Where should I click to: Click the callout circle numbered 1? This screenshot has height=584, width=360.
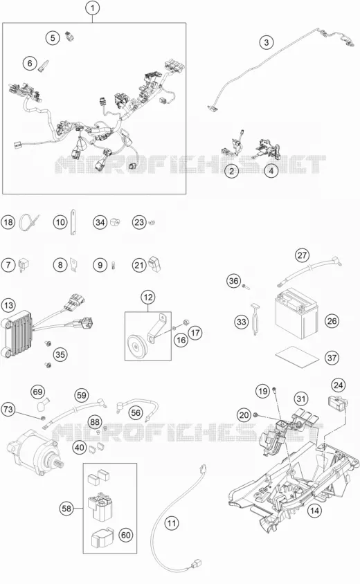(x=93, y=8)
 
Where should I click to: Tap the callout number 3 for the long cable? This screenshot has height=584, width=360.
(x=266, y=42)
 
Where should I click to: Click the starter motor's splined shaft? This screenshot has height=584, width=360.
(x=60, y=465)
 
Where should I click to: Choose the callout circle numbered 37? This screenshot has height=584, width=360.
(x=332, y=358)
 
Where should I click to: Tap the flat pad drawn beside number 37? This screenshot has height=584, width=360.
(x=298, y=355)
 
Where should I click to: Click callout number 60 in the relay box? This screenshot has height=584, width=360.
(x=126, y=535)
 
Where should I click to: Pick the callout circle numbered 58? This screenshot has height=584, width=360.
(x=66, y=508)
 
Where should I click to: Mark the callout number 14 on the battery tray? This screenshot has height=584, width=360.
(x=314, y=510)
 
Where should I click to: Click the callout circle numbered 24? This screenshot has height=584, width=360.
(x=339, y=385)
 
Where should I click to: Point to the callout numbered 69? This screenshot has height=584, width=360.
(x=38, y=392)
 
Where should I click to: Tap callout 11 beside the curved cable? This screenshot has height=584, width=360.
(x=172, y=523)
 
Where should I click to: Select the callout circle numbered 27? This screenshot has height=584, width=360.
(x=303, y=255)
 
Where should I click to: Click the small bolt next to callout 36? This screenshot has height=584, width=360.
(x=244, y=286)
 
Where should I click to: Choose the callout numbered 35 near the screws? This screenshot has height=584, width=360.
(x=60, y=354)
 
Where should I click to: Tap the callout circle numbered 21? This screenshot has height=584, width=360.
(x=139, y=265)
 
